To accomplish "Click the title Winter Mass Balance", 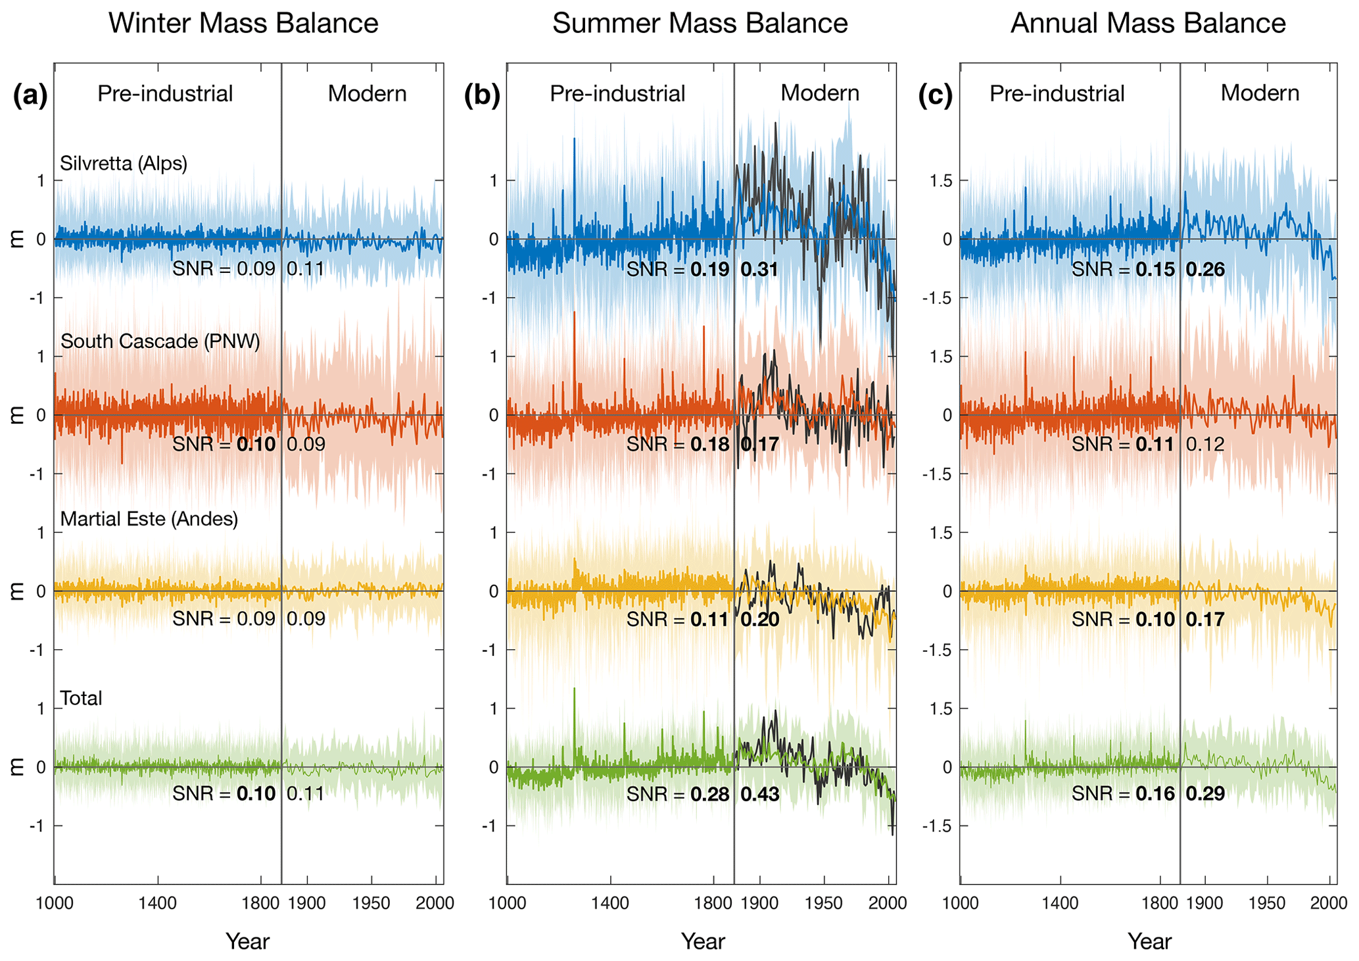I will coord(243,24).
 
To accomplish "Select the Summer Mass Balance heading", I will coord(700,24).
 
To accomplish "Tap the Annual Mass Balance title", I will coord(1148,24).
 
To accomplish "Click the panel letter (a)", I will coord(30,96).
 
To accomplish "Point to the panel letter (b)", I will coord(482,96).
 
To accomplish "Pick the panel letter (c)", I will coord(935,96).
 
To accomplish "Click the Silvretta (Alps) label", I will coord(124,163).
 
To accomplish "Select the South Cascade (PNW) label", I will coord(160,341).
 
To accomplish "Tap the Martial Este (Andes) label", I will coord(149,519).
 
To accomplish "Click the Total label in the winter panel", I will coord(81,698).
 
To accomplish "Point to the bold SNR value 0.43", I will coord(760,795).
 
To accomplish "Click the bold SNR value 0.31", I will coord(759,270).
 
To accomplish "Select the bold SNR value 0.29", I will coord(1205,794).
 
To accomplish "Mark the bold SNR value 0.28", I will coord(710,795).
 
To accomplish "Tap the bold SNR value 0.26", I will coord(1205,270).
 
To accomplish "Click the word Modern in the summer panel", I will coord(820,93).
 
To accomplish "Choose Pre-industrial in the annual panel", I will coord(1057,94).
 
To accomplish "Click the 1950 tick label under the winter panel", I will coord(371,903).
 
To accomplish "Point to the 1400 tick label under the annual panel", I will coord(1060,903).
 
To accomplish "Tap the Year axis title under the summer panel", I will coord(703,942).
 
